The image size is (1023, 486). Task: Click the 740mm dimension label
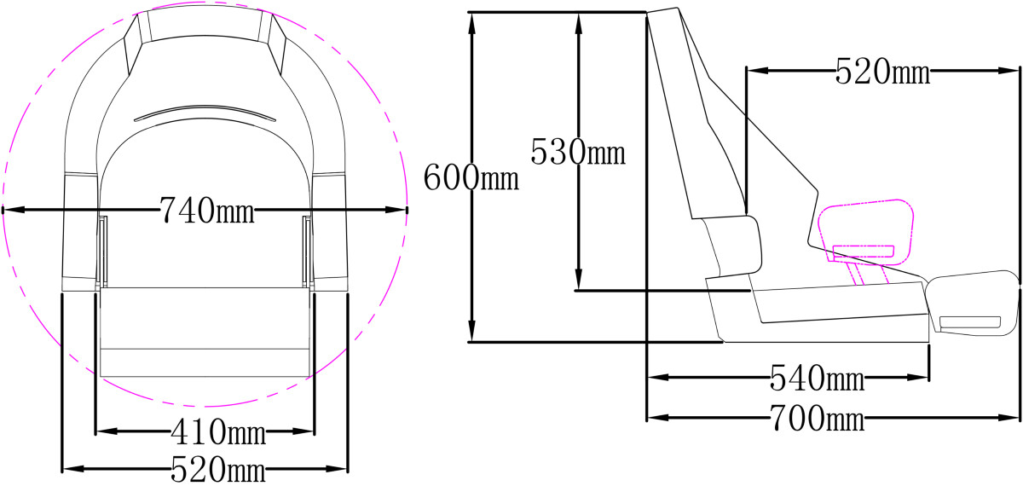(x=207, y=211)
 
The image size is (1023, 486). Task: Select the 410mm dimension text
(x=218, y=431)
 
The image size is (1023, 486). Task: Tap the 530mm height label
(x=578, y=152)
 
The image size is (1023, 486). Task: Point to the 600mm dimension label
(x=471, y=177)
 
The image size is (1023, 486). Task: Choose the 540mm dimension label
(x=818, y=378)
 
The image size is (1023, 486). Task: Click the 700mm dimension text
(x=818, y=418)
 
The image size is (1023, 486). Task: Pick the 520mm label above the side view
(x=883, y=72)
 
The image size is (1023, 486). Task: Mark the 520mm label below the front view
(x=218, y=470)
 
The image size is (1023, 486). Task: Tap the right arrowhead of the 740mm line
(x=396, y=210)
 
